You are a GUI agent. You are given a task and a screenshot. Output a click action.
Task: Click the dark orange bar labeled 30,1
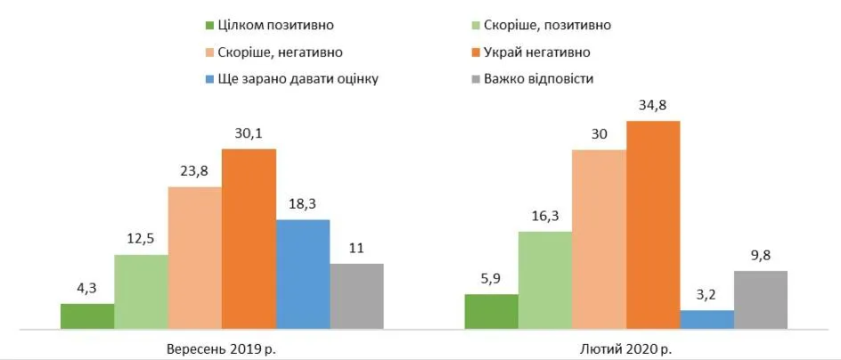pos(249,238)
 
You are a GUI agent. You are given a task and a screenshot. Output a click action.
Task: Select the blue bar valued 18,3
pos(303,274)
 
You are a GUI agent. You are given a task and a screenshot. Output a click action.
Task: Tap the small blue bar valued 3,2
pos(706,319)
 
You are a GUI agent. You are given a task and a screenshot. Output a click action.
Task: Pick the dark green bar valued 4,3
pos(87,316)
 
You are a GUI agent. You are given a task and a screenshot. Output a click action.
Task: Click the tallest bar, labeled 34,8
pos(653,225)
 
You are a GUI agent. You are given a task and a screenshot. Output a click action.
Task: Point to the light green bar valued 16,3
pos(545,280)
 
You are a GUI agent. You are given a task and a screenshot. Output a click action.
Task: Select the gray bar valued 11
pos(356,296)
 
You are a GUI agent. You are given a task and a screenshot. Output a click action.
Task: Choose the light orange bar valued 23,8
pos(195,258)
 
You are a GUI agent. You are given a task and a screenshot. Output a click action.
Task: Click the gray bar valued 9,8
pos(761,299)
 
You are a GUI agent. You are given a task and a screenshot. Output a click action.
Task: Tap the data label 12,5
pos(141,238)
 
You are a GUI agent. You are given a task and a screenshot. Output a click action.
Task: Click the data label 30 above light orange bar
pos(599,135)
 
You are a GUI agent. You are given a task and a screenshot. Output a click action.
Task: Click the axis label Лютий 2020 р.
pos(626,348)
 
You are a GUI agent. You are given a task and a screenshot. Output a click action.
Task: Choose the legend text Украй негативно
pos(537,52)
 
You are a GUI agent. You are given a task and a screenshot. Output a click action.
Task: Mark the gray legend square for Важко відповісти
pos(474,79)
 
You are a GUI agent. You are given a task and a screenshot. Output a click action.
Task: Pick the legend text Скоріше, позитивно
pos(547,25)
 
